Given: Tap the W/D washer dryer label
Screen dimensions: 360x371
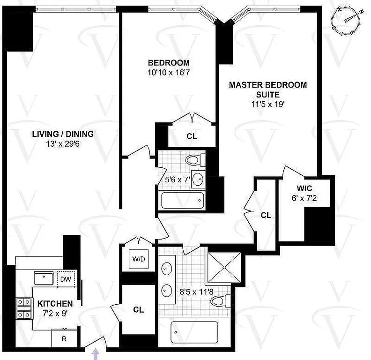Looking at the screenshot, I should click(138, 259).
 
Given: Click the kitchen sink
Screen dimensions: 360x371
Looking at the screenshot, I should click(45, 278).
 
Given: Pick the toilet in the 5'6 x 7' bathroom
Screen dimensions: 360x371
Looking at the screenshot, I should click(193, 160).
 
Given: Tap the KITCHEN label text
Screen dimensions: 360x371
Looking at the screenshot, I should click(55, 303).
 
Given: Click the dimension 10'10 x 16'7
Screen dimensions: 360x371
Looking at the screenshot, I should click(169, 73).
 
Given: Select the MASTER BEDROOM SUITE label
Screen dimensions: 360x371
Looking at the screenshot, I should click(267, 90).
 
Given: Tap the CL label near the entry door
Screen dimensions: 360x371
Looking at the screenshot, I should click(138, 310).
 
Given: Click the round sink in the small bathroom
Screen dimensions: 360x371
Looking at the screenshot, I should click(199, 180).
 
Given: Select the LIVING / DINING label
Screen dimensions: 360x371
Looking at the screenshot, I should click(62, 134).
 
